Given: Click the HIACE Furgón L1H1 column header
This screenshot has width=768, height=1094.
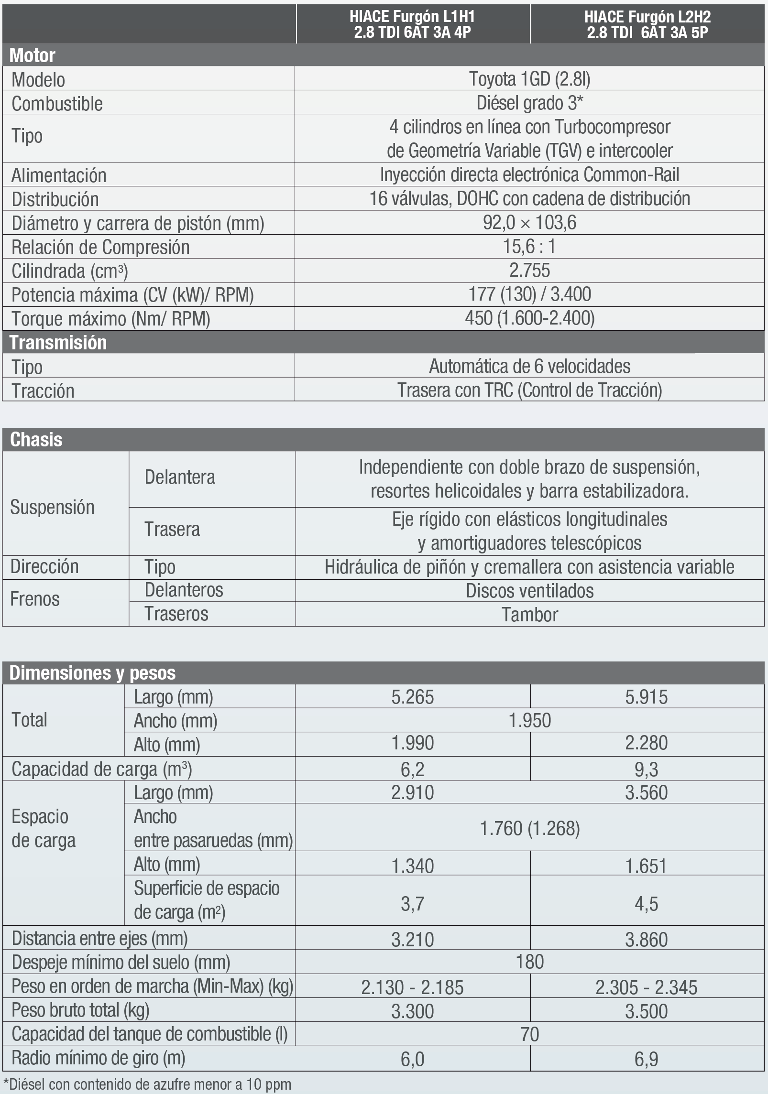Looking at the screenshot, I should (x=413, y=24).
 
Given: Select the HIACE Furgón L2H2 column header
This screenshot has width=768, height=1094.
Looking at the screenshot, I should (x=647, y=24).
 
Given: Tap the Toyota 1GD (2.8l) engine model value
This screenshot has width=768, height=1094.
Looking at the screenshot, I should (x=529, y=79).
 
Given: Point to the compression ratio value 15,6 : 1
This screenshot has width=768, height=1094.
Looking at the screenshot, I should (x=529, y=247).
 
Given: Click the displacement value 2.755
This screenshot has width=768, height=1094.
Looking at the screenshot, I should (x=529, y=271).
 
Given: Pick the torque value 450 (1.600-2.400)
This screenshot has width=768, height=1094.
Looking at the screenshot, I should (x=529, y=318).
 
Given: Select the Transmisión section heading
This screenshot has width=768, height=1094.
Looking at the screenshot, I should (x=58, y=343).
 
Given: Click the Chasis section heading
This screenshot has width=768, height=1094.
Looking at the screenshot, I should (x=36, y=440).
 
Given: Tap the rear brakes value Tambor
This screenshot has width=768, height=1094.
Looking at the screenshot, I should (x=529, y=615).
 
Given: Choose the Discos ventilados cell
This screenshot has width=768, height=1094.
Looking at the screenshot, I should (x=529, y=591).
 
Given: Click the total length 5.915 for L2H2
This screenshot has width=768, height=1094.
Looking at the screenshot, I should (x=646, y=697).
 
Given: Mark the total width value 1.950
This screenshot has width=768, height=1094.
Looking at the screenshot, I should (x=529, y=720).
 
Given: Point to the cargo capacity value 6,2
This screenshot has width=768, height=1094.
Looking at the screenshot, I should (x=412, y=769).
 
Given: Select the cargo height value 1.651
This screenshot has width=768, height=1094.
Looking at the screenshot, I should (x=646, y=866).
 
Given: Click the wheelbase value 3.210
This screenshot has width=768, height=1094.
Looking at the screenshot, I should (x=412, y=940).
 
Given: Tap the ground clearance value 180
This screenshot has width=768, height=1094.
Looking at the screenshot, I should (x=529, y=962).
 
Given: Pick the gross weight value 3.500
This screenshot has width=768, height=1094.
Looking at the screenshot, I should (x=646, y=1011).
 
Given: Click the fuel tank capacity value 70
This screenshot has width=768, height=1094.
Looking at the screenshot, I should (x=529, y=1034).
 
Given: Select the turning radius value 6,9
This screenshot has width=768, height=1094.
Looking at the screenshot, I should (x=646, y=1059).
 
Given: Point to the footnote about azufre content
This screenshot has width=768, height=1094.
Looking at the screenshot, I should (x=147, y=1084).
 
